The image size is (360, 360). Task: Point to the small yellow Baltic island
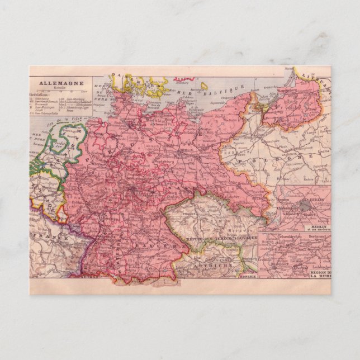(x=205, y=87)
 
